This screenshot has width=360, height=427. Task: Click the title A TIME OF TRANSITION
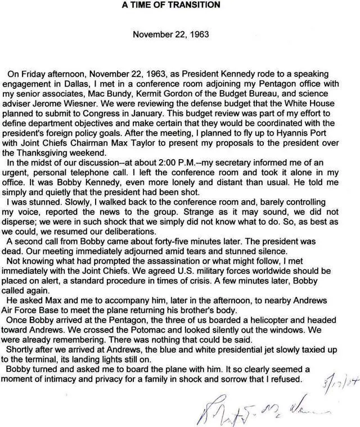click(171, 5)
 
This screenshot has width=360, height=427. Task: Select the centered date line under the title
click(171, 34)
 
